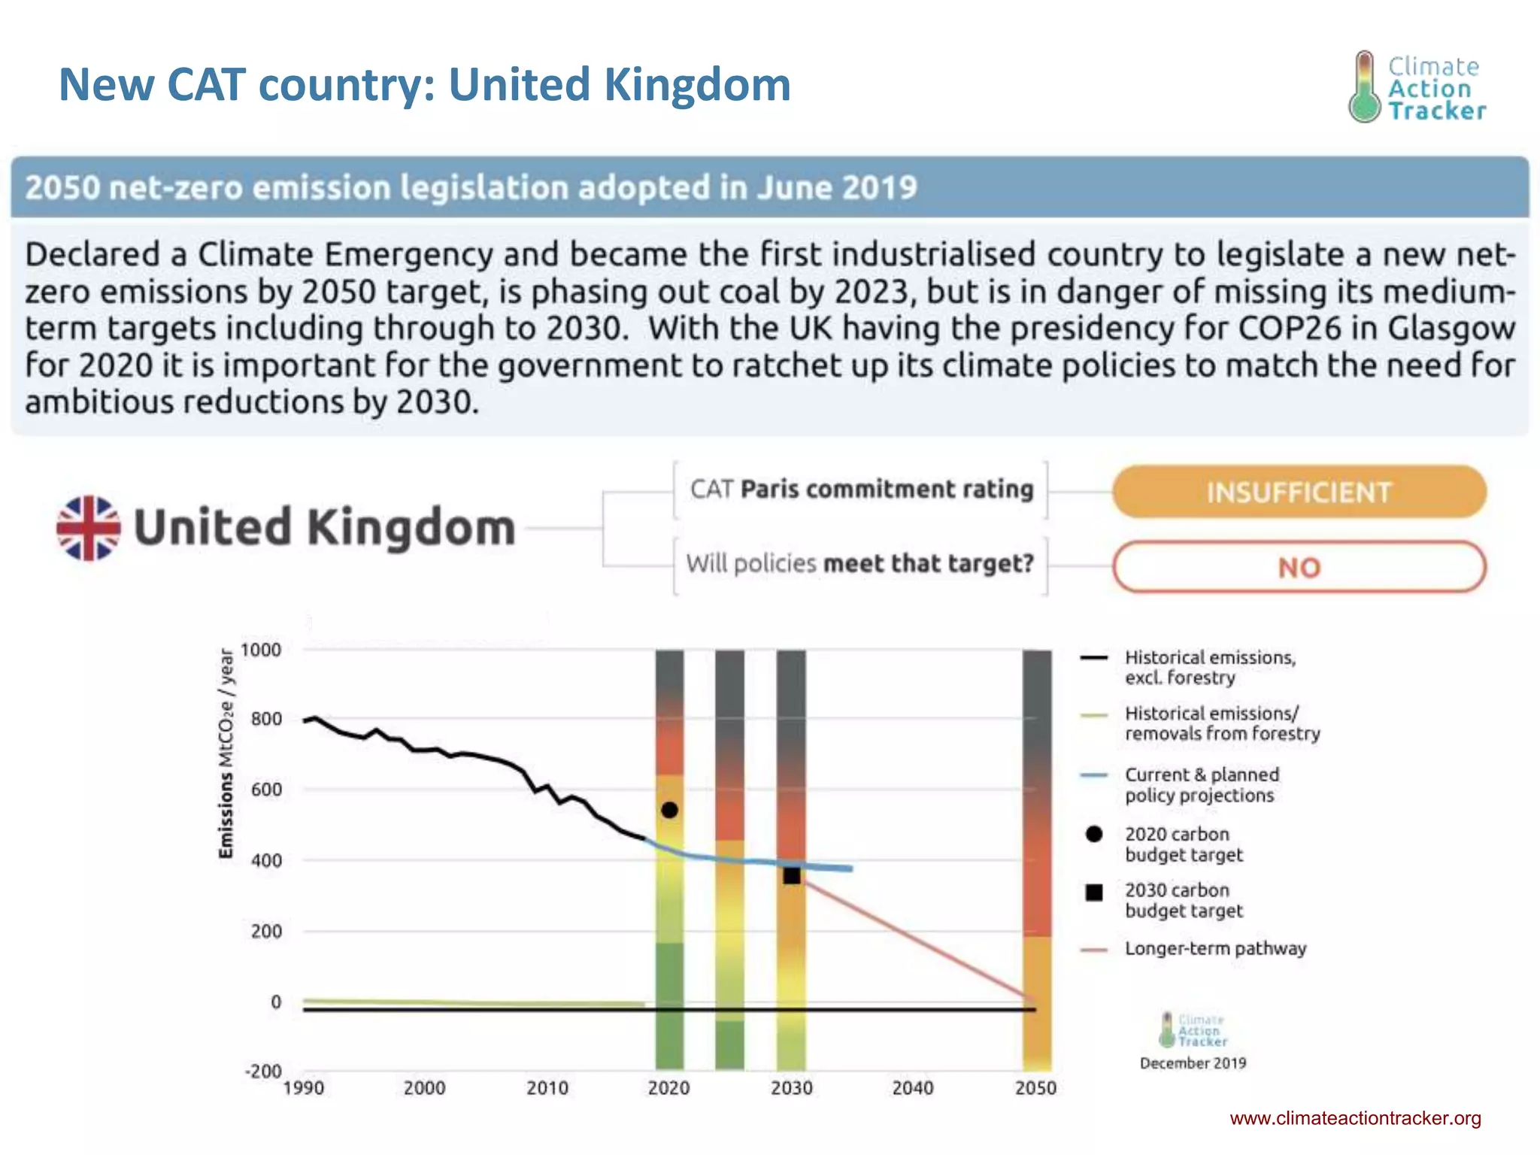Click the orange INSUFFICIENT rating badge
tap(1299, 492)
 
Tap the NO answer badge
tap(1299, 567)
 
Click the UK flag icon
tap(89, 528)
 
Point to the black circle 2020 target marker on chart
tap(669, 810)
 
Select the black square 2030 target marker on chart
tap(792, 875)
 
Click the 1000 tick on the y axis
tap(260, 650)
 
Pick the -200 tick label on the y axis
tap(262, 1071)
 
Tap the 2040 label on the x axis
tap(913, 1088)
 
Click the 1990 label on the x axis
tap(303, 1088)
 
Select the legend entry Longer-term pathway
tap(1215, 949)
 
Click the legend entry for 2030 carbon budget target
tap(1184, 900)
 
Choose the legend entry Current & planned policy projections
tap(1201, 785)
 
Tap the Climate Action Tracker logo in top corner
tap(1417, 87)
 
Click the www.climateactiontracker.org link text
tap(1355, 1118)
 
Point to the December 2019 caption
tap(1193, 1063)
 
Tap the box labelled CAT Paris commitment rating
tap(861, 490)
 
